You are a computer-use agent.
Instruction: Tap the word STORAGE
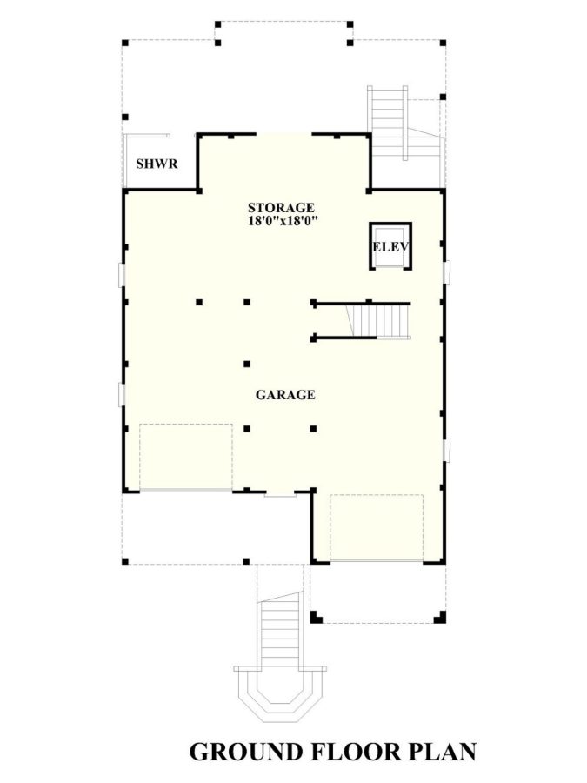280,208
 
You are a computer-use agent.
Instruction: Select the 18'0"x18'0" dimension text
280,221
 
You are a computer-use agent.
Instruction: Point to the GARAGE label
284,395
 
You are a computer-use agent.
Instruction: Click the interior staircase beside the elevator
379,321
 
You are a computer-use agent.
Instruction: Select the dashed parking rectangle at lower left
185,457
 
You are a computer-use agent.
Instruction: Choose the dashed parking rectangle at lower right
376,527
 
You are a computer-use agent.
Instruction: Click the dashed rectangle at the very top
283,28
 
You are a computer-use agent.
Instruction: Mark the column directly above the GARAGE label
247,364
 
